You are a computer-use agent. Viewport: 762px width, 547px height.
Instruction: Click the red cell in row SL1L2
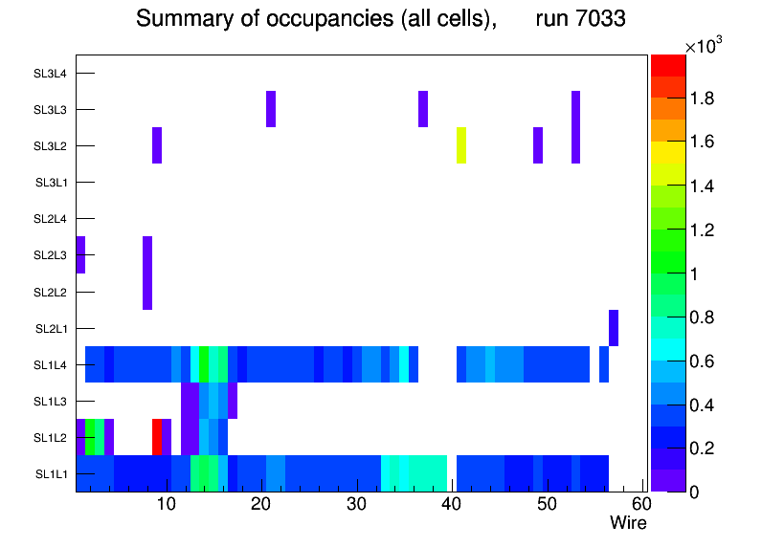click(x=157, y=436)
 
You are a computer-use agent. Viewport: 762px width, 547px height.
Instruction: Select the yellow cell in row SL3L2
click(x=461, y=145)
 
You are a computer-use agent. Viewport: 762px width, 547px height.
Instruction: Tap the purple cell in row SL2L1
click(x=614, y=328)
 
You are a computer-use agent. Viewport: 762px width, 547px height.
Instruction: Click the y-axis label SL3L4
click(x=51, y=74)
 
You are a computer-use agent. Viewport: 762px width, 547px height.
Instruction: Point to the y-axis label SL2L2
click(x=51, y=292)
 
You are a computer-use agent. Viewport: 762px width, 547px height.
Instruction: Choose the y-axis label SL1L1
click(x=51, y=473)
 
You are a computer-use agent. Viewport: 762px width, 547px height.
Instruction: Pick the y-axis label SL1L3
click(x=51, y=401)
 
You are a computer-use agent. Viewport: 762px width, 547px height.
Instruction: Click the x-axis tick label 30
click(x=355, y=504)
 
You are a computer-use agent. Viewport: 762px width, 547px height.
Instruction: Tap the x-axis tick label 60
click(x=640, y=504)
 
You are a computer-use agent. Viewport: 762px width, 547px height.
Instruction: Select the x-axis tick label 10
click(x=166, y=504)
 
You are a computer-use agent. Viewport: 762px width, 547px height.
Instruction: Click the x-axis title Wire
click(x=628, y=523)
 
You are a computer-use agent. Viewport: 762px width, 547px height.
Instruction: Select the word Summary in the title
click(x=176, y=18)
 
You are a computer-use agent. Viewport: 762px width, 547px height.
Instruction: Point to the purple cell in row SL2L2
click(x=147, y=292)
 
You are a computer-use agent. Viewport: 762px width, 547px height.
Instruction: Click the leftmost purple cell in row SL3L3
click(x=271, y=109)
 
